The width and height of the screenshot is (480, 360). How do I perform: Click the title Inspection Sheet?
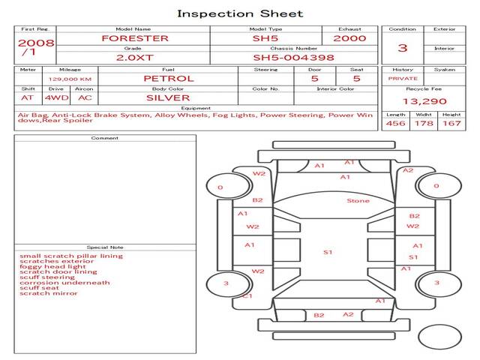click(240, 13)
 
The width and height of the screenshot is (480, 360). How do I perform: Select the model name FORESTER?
click(135, 38)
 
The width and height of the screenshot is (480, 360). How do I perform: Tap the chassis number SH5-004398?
click(293, 58)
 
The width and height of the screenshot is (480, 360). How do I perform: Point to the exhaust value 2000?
click(349, 38)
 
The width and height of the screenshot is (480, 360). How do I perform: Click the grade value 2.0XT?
click(135, 58)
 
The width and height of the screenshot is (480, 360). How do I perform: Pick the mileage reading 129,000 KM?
click(70, 79)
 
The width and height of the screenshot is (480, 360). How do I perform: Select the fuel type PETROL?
click(169, 79)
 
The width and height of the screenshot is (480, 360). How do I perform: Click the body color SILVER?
click(168, 98)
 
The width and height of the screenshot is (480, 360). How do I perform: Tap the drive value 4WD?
click(57, 98)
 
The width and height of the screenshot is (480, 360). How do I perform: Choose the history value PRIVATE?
click(403, 79)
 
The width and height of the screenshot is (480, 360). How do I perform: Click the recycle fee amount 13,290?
click(424, 101)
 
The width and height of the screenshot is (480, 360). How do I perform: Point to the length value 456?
click(395, 123)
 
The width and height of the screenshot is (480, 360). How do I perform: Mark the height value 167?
click(451, 123)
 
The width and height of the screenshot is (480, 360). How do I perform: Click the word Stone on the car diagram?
click(358, 201)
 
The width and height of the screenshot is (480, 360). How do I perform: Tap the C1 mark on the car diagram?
click(247, 296)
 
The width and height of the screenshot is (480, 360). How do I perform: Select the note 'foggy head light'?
click(52, 267)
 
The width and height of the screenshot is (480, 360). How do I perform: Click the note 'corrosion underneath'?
click(64, 283)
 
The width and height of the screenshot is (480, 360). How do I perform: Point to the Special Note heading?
click(105, 247)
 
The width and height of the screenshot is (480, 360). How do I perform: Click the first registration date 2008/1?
click(36, 47)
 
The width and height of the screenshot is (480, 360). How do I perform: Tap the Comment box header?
click(105, 138)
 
